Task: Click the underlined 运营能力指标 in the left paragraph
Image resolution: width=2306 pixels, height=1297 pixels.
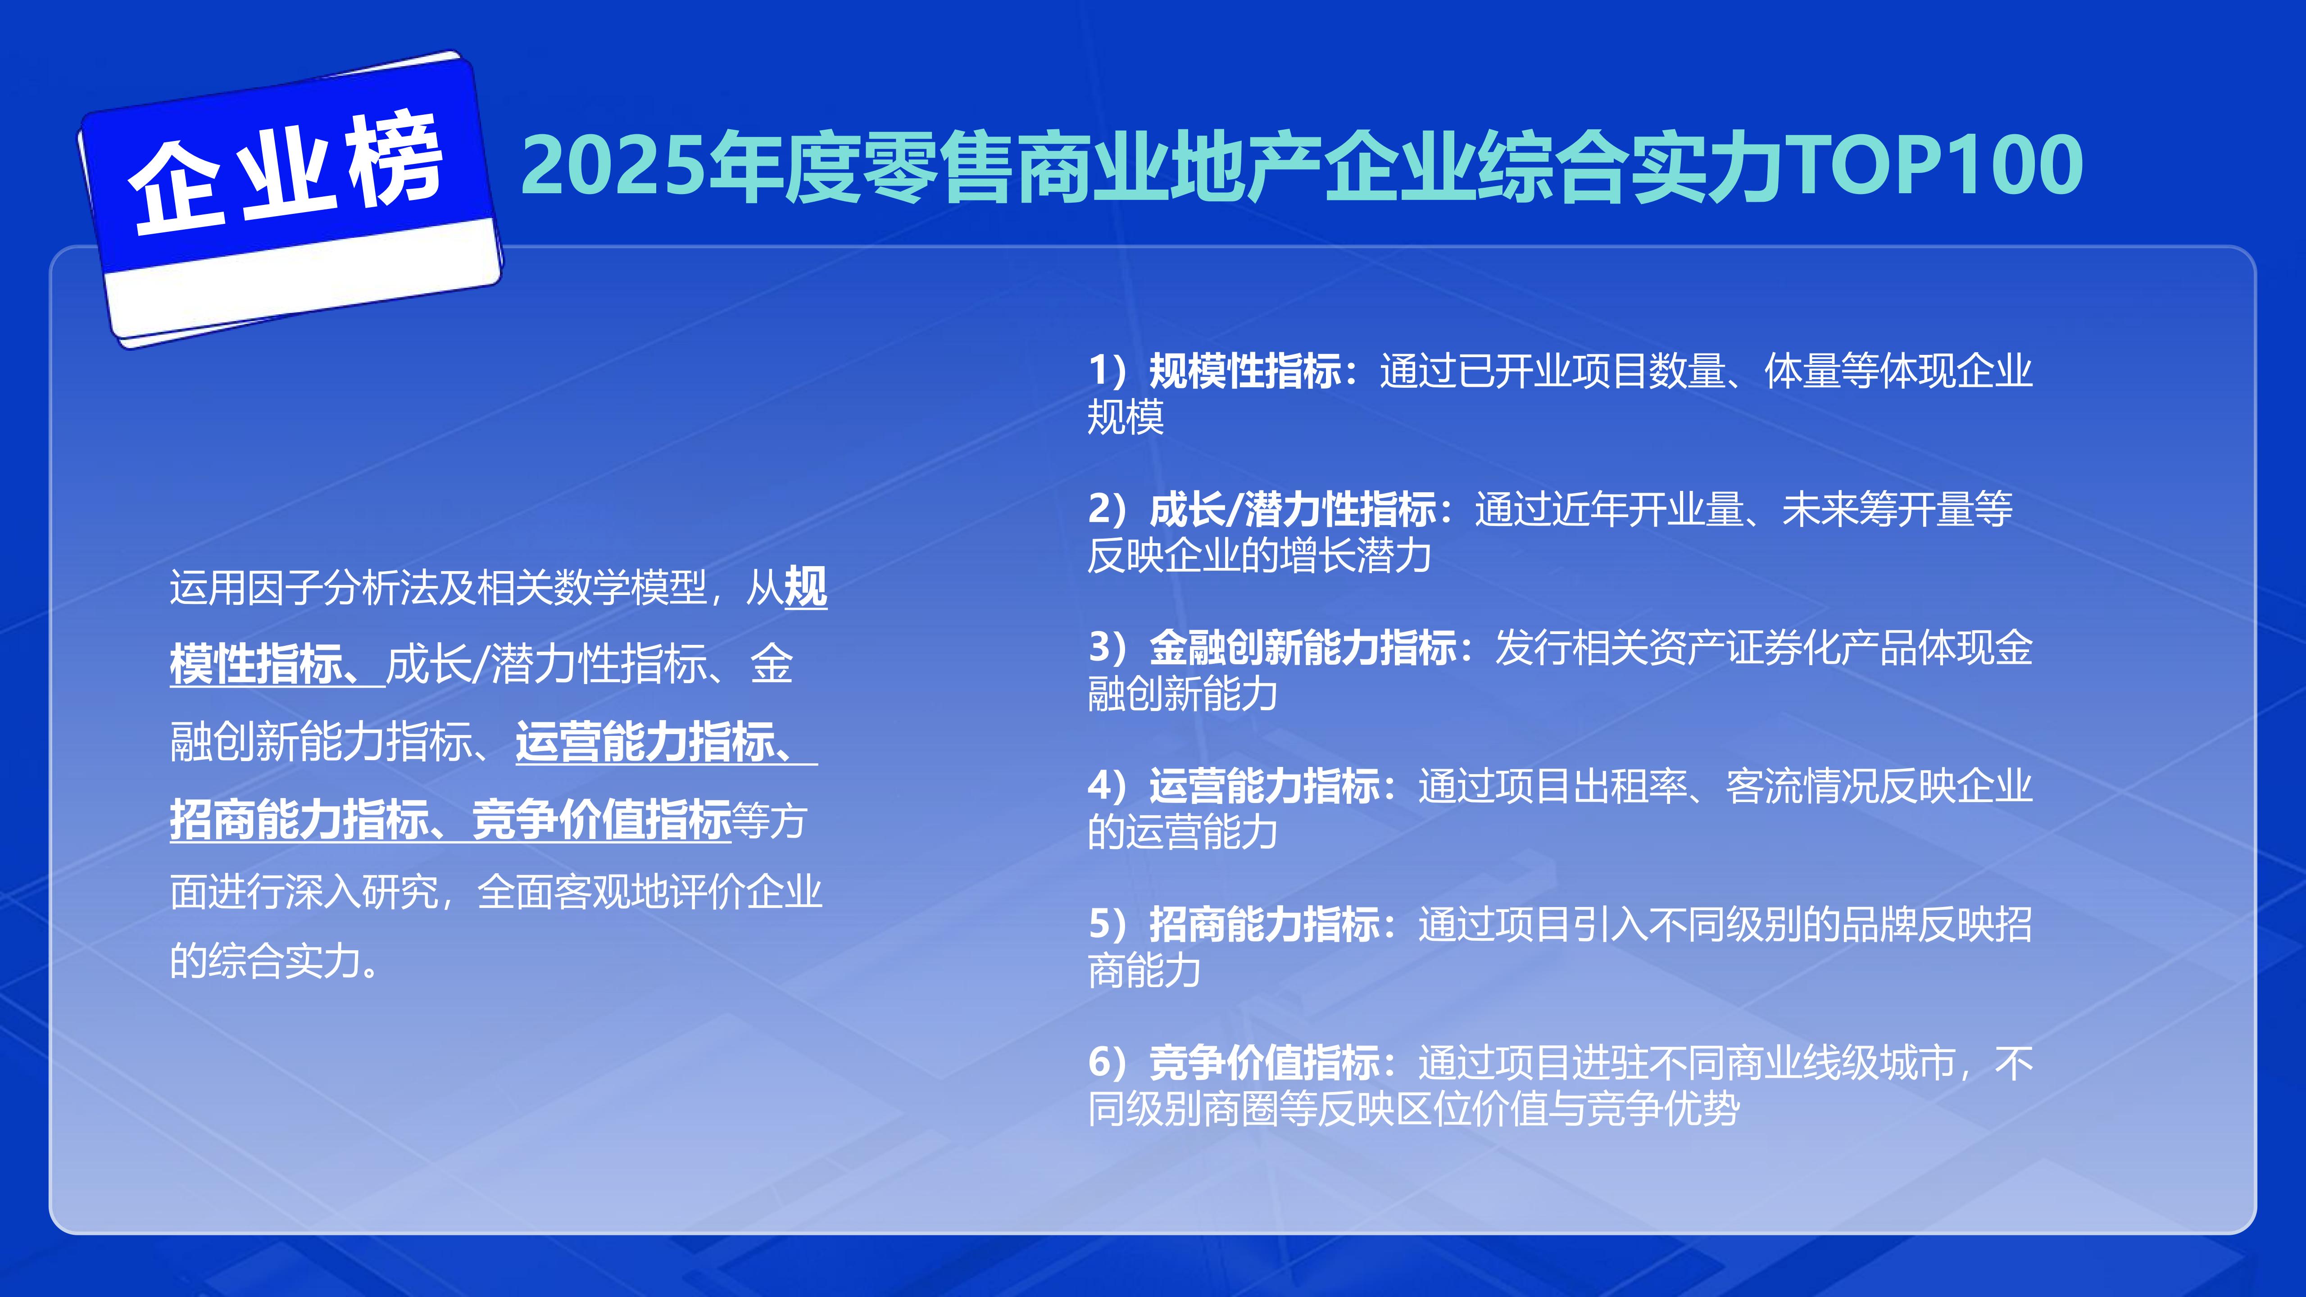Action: click(645, 742)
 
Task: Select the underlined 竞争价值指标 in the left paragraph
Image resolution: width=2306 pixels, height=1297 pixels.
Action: click(602, 819)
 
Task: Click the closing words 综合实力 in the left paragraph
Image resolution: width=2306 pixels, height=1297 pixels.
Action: click(285, 961)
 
